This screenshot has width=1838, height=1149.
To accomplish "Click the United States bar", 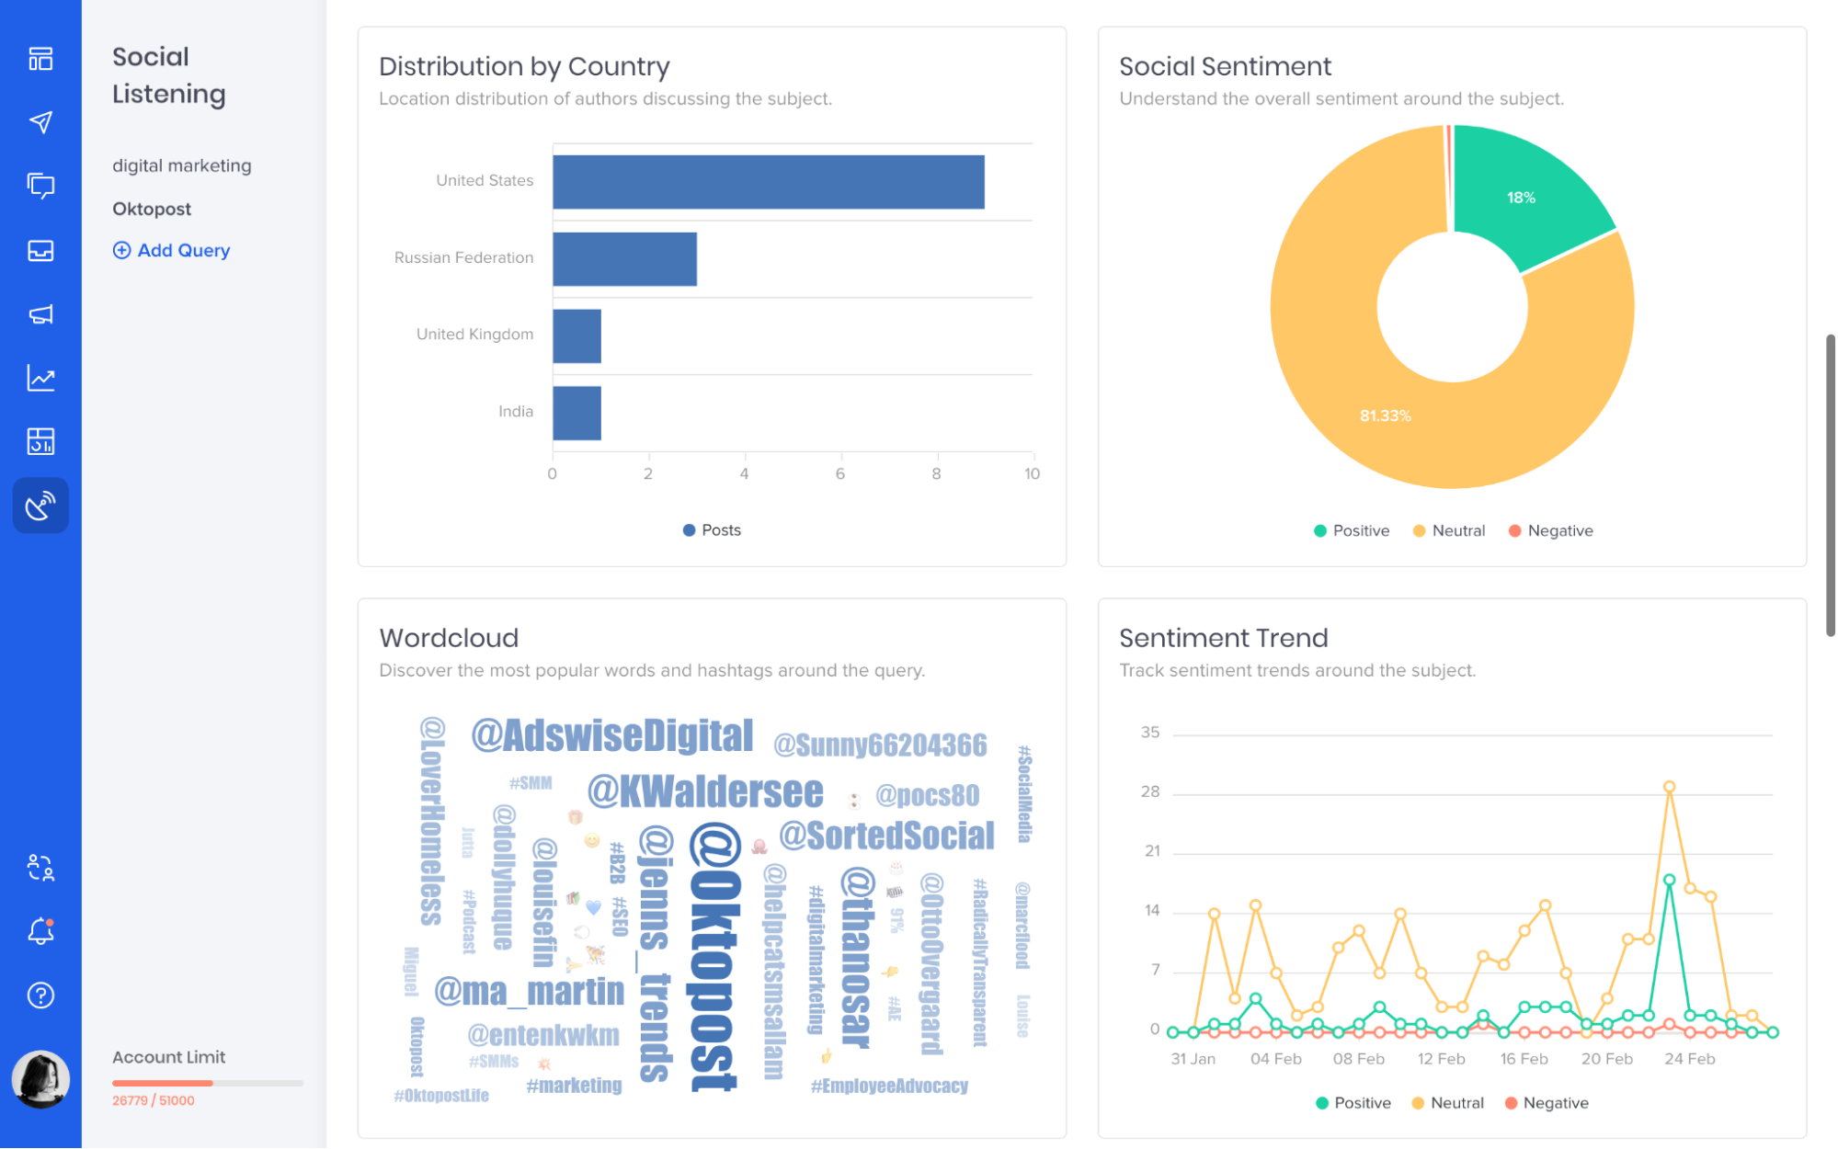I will click(x=768, y=182).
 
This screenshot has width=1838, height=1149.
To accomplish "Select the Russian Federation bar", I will click(x=624, y=259).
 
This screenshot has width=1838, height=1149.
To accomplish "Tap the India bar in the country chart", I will click(x=577, y=413).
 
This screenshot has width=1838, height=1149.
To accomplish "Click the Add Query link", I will click(x=172, y=250).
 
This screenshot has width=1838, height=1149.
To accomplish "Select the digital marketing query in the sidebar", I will click(x=181, y=165).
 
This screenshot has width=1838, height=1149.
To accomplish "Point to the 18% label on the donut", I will click(x=1521, y=198).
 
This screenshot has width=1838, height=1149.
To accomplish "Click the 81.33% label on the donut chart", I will click(x=1385, y=415).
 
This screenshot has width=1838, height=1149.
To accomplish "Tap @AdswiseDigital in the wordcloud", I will click(x=611, y=735).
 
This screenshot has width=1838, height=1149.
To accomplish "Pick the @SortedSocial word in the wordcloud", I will click(x=886, y=836).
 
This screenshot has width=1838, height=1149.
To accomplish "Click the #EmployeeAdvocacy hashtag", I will click(x=889, y=1086).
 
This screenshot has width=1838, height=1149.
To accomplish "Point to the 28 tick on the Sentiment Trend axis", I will click(x=1150, y=791).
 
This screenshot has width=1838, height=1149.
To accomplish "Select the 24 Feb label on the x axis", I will click(x=1689, y=1059).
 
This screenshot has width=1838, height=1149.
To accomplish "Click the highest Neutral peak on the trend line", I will click(x=1669, y=787).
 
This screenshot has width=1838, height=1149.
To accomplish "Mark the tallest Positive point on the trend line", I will click(x=1669, y=880).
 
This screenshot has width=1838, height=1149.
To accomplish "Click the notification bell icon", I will click(x=40, y=931).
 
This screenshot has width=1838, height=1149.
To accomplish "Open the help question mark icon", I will click(x=40, y=995).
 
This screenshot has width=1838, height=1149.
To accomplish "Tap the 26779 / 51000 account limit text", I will click(x=154, y=1100).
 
